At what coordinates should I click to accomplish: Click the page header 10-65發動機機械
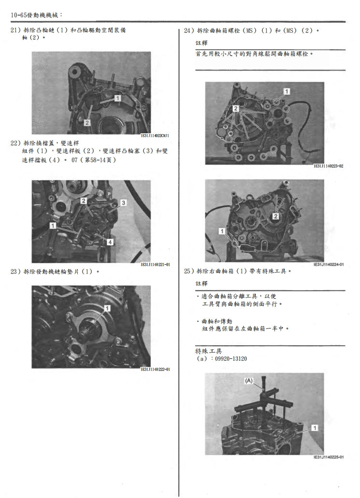coord(36,15)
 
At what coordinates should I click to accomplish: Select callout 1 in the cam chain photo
coord(117,98)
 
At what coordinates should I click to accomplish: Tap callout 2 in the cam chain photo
coord(86,123)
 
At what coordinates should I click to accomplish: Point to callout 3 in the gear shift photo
coord(123,202)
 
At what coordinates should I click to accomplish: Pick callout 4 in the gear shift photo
coord(110,241)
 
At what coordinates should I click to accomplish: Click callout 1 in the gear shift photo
coord(53,226)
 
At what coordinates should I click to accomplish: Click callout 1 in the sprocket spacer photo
coord(107,308)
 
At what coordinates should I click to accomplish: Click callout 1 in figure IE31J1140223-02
coord(287,91)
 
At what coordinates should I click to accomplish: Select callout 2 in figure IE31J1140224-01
coord(275,216)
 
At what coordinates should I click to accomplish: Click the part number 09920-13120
coord(228,360)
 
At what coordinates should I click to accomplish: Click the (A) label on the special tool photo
coord(249,381)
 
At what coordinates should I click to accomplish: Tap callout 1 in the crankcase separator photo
coord(314,427)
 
